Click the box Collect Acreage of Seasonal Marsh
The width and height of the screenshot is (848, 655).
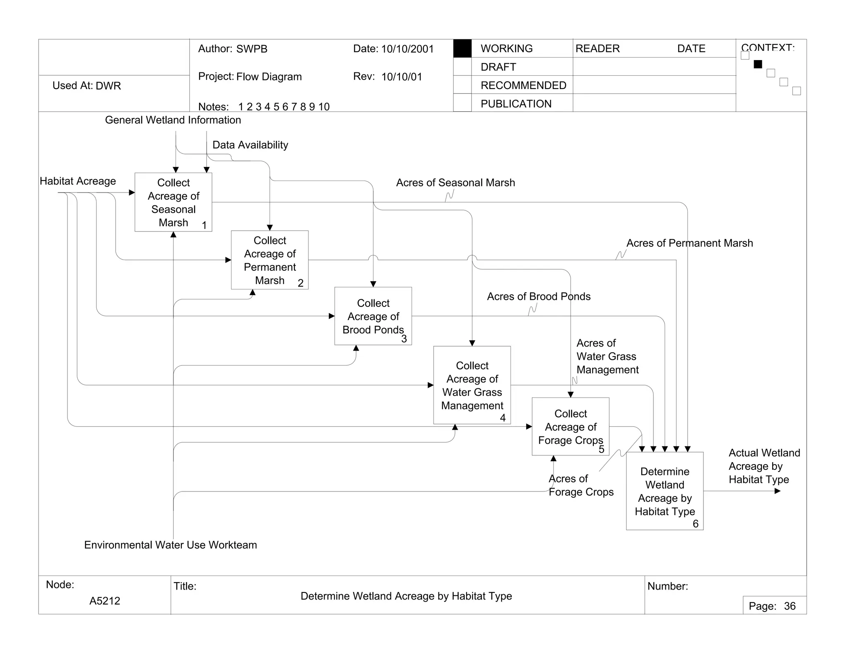click(x=173, y=202)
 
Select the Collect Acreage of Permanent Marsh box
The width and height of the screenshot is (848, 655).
click(x=270, y=260)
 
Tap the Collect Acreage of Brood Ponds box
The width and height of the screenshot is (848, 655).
click(x=373, y=316)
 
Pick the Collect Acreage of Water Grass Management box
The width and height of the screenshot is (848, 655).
click(x=472, y=385)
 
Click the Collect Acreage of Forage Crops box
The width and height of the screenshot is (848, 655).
click(x=570, y=426)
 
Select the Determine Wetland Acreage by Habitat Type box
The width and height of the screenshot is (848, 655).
click(x=665, y=491)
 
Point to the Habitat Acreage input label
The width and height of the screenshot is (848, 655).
click(x=78, y=181)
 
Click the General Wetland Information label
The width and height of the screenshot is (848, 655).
click(x=173, y=120)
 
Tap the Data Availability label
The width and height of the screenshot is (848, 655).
click(x=250, y=145)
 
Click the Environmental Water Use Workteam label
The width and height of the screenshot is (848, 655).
click(x=170, y=545)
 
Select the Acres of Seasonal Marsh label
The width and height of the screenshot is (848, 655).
click(x=455, y=183)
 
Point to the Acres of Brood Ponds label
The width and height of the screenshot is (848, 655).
click(x=538, y=296)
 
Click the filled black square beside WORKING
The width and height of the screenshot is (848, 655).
click(x=462, y=48)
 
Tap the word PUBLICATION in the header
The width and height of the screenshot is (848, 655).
click(x=516, y=104)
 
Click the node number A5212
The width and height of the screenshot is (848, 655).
click(x=105, y=601)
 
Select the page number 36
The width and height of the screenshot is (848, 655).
click(x=790, y=606)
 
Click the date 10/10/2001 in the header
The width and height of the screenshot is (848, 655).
click(x=407, y=49)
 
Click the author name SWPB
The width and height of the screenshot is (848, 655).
click(x=252, y=49)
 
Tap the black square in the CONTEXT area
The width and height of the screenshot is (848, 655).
click(x=758, y=64)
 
